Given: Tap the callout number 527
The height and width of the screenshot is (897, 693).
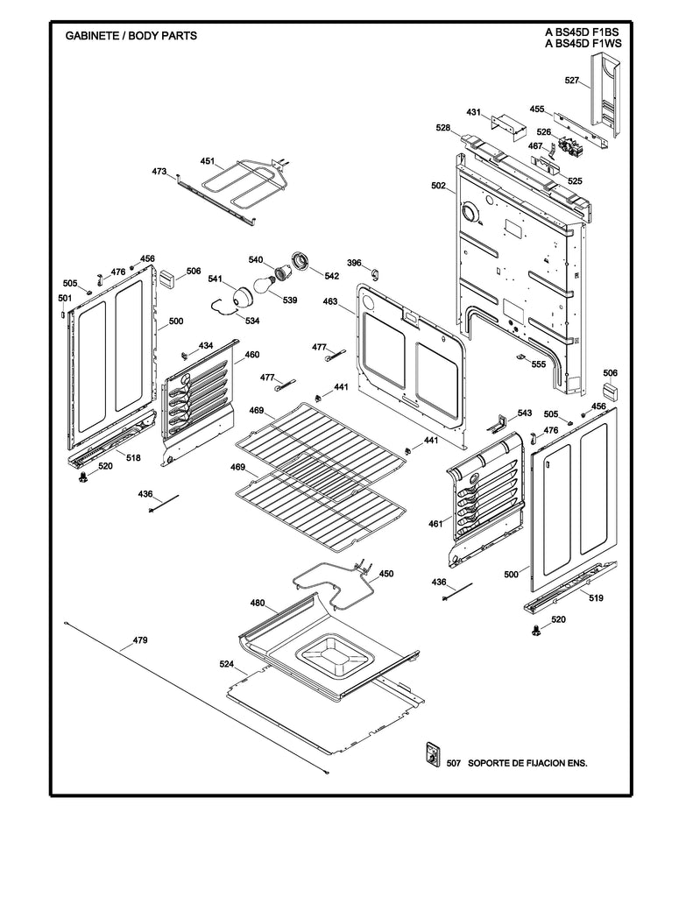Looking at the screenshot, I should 572,81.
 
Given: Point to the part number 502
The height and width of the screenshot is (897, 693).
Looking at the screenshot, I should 438,186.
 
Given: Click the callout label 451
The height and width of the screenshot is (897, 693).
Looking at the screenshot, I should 207,161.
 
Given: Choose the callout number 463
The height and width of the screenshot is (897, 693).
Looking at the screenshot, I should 330,301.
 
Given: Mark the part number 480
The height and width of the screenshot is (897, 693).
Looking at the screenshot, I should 258,603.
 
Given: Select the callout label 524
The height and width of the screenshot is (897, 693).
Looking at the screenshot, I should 227,665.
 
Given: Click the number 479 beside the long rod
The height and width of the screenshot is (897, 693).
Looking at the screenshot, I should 140,640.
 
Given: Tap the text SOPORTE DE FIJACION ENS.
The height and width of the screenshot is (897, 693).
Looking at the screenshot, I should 527,763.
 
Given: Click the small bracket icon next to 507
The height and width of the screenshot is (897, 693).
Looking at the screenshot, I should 431,755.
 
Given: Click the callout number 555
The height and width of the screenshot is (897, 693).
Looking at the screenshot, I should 538,364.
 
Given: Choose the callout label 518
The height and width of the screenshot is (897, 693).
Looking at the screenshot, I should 133,458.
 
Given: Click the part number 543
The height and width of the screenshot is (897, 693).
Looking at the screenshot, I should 524,413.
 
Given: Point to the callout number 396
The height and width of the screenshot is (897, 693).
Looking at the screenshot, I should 354,263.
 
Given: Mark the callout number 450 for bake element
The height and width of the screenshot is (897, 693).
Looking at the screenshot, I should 385,574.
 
